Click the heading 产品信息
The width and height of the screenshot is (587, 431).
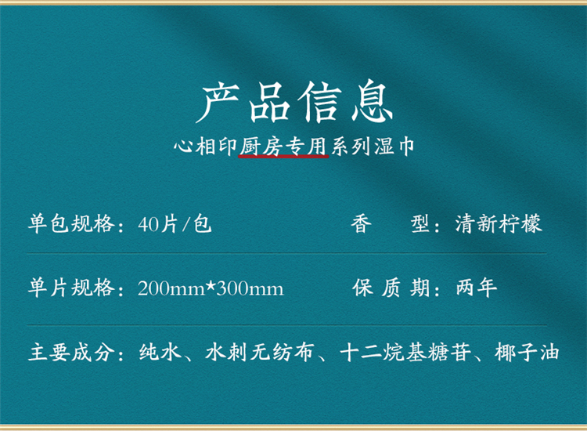click(x=294, y=102)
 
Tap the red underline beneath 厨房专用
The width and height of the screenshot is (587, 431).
click(x=283, y=156)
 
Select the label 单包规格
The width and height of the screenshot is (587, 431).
click(x=71, y=224)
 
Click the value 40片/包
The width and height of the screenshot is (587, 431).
click(x=175, y=224)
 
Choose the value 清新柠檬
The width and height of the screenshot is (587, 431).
click(x=499, y=224)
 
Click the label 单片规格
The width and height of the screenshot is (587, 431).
click(x=71, y=288)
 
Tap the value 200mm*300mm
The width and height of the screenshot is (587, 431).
click(x=211, y=288)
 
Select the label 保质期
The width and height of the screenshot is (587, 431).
click(x=391, y=288)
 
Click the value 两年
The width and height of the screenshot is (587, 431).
click(x=477, y=288)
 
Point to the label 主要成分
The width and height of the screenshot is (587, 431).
click(x=71, y=353)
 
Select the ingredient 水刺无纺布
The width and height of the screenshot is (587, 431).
click(x=259, y=353)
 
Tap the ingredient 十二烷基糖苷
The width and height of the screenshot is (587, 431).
click(x=405, y=353)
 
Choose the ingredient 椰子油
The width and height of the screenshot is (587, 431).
click(x=527, y=353)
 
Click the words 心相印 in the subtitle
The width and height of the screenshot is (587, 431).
click(x=205, y=147)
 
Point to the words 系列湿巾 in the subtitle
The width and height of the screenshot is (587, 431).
click(x=373, y=147)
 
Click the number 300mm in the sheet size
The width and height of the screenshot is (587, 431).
click(x=250, y=289)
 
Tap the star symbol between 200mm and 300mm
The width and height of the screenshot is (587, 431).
click(x=211, y=286)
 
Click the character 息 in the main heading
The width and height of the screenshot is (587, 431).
click(x=372, y=102)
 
